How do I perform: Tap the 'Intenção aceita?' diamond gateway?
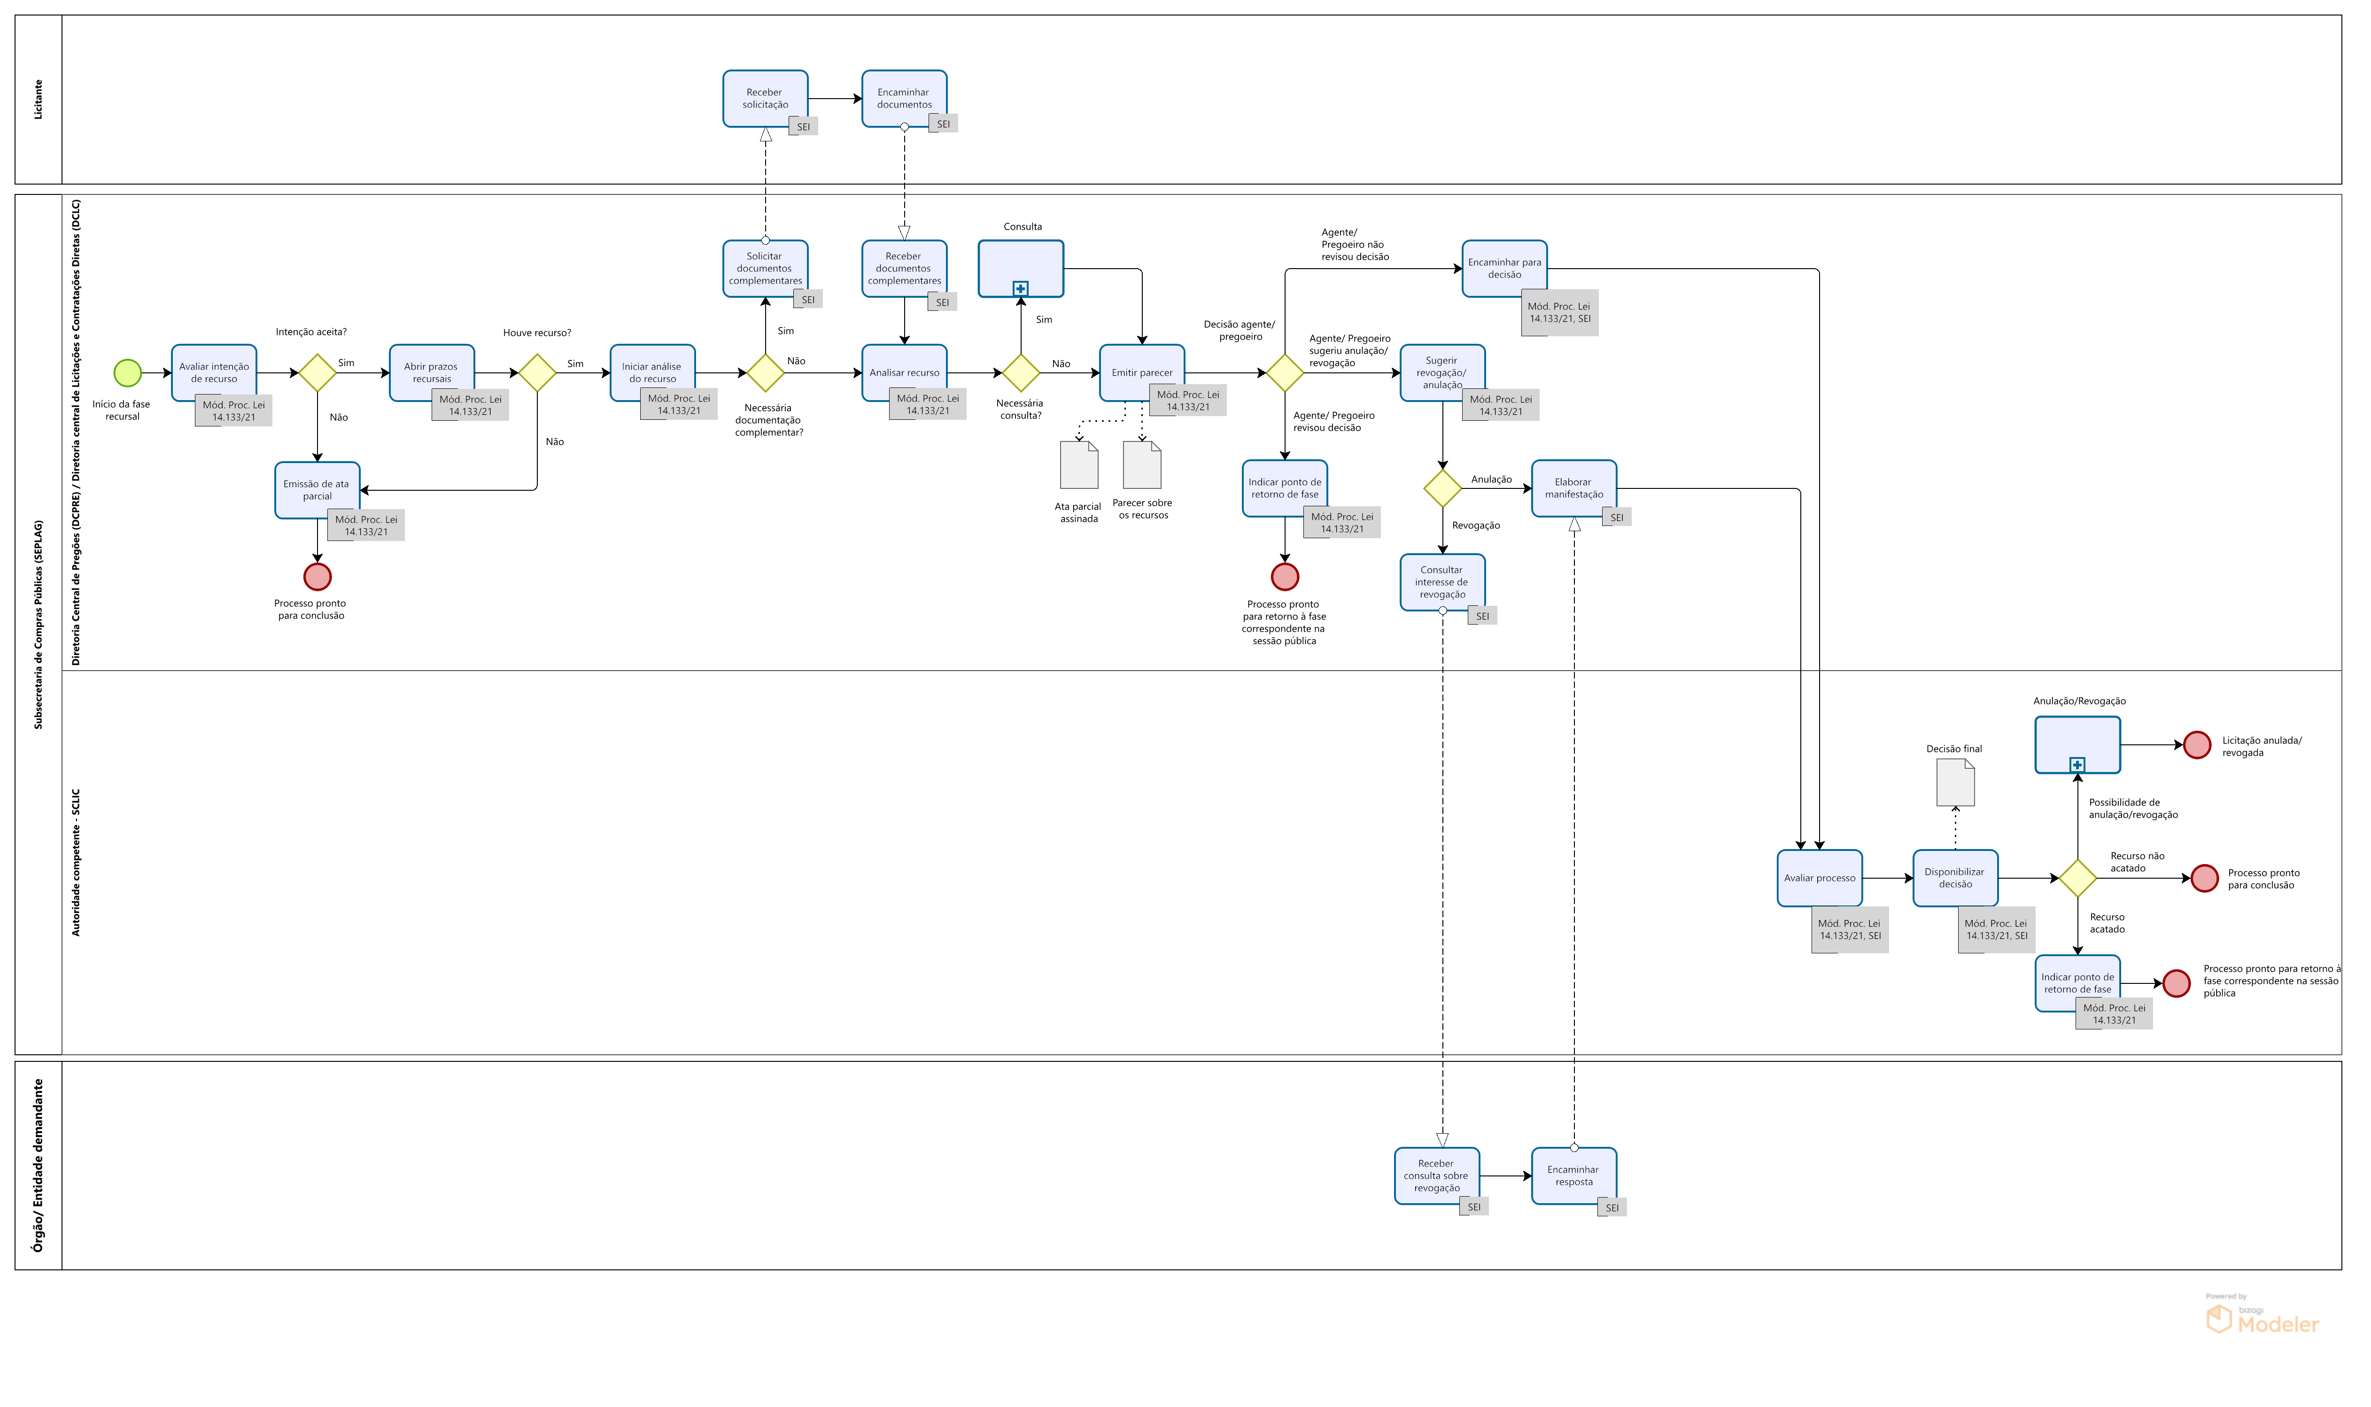tap(318, 372)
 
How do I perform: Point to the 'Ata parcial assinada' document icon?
tap(1079, 464)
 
